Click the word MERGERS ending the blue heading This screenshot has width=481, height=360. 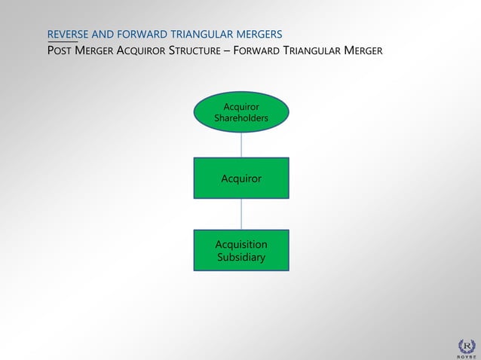click(x=259, y=35)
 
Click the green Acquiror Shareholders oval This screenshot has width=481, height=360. click(x=241, y=112)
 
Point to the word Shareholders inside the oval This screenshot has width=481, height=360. click(x=241, y=118)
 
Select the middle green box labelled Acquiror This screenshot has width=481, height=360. click(x=241, y=178)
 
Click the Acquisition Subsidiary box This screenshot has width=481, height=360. click(x=241, y=251)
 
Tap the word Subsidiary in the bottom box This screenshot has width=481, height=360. click(x=241, y=258)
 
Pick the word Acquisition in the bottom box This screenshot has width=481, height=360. click(x=241, y=245)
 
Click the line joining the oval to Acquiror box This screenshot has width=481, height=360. click(x=241, y=145)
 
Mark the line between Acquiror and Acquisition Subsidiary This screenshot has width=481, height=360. click(x=241, y=215)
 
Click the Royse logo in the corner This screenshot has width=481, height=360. click(x=467, y=346)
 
